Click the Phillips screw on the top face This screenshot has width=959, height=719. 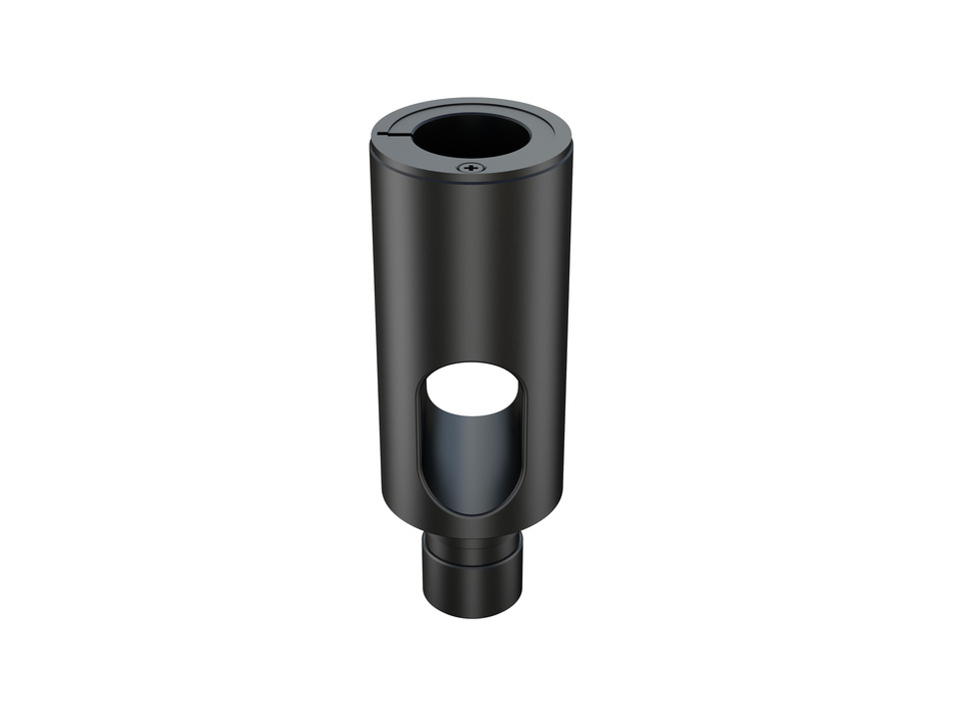pyautogui.click(x=472, y=168)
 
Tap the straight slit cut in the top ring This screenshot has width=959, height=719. pyautogui.click(x=398, y=132)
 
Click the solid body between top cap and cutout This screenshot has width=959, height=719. pyautogui.click(x=470, y=270)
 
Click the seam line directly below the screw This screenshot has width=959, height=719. pyautogui.click(x=472, y=181)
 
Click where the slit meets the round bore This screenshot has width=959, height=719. pyautogui.click(x=414, y=131)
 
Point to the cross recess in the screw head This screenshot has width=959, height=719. pyautogui.click(x=472, y=168)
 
